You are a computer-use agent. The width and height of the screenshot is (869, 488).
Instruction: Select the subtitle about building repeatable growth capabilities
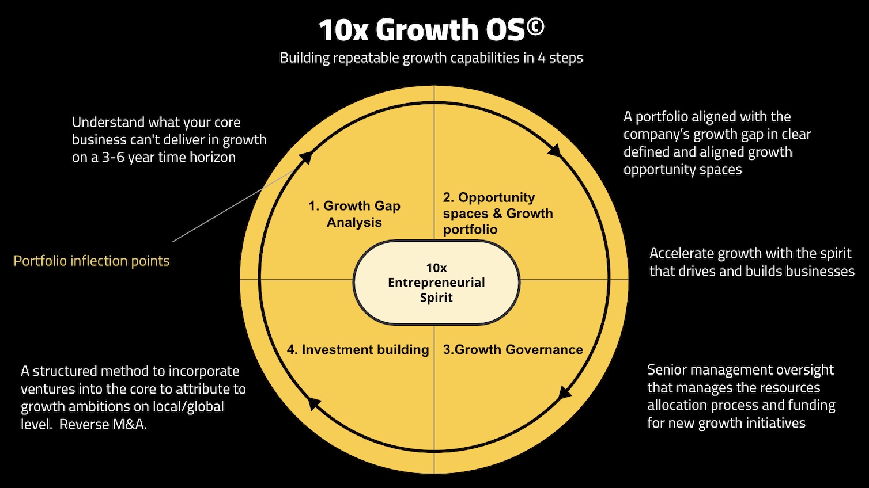(x=431, y=58)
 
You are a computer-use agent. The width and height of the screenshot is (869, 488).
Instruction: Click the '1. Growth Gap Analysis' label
(x=354, y=214)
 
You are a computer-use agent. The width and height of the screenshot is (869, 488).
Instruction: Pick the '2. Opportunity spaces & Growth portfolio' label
(x=498, y=213)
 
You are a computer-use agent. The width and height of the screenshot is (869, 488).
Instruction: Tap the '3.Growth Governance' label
(x=513, y=350)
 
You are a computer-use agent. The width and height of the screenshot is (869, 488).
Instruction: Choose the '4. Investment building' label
(x=358, y=350)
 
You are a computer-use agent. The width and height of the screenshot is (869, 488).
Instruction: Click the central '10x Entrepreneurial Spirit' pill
(x=436, y=283)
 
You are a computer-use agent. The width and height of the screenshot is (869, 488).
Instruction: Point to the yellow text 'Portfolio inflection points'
(x=92, y=261)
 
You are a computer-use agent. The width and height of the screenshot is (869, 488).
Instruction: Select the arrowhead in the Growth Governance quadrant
(x=565, y=394)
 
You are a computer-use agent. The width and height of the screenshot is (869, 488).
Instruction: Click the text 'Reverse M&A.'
(x=103, y=425)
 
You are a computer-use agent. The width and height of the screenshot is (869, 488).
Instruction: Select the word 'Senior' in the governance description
(x=666, y=370)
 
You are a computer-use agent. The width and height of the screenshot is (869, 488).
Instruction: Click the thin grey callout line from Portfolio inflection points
(x=231, y=207)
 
